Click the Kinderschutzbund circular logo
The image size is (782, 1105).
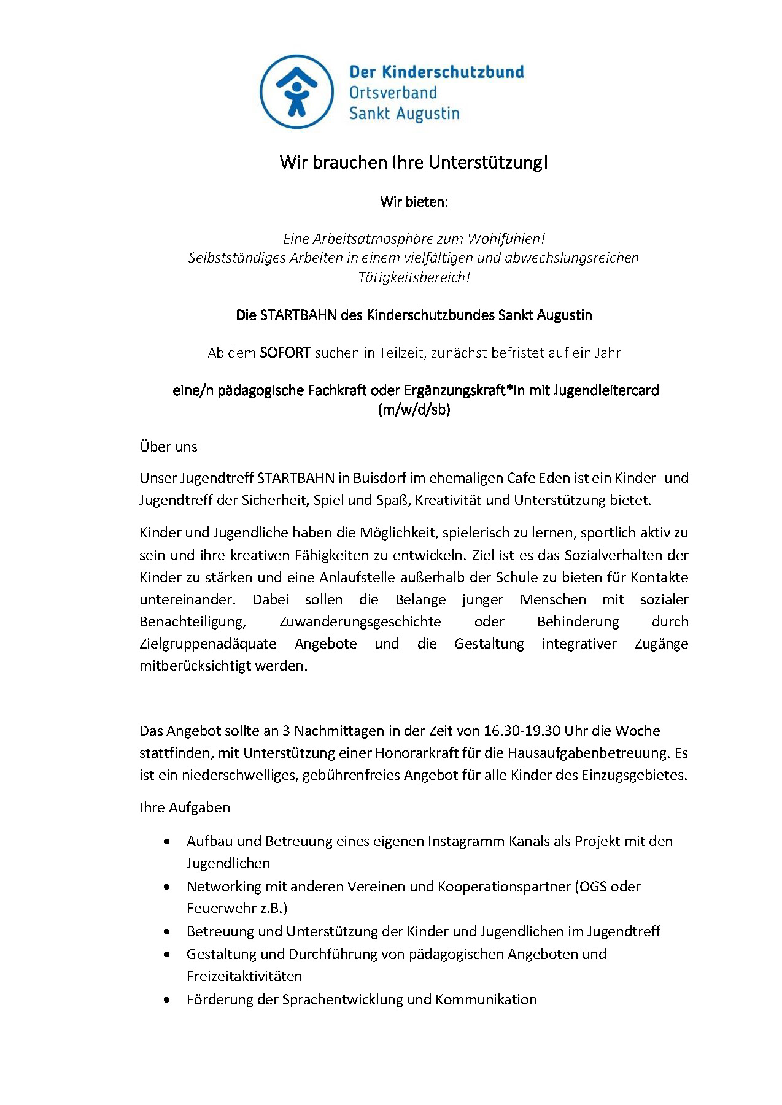click(x=297, y=92)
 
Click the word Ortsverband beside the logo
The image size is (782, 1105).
click(x=393, y=93)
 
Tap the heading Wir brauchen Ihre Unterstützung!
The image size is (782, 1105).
click(x=414, y=163)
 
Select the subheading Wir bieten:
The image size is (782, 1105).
click(x=414, y=202)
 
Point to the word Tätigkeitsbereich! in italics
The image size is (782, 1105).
click(x=414, y=277)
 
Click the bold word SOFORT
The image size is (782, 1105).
click(x=285, y=353)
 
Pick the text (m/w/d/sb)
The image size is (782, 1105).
click(x=414, y=410)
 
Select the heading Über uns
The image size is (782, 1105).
click(x=169, y=447)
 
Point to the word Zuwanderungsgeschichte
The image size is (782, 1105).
click(x=360, y=622)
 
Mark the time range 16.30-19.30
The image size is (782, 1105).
click(x=522, y=731)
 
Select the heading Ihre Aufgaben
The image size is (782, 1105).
click(x=185, y=807)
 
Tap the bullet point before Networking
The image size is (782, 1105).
click(x=167, y=887)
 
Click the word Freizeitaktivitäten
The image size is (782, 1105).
click(x=244, y=976)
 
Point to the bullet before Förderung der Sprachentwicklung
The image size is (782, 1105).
click(x=167, y=1000)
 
